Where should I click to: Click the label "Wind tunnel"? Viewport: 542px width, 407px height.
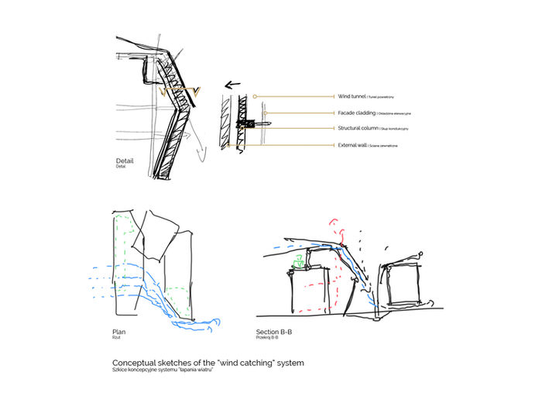[353, 97]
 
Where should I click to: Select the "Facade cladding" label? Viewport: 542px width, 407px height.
[357, 112]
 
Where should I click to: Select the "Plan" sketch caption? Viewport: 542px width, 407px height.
[118, 331]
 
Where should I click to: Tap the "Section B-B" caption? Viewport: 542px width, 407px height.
[273, 331]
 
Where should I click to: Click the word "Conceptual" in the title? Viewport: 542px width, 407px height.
[136, 362]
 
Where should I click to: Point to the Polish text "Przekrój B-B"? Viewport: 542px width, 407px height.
[267, 337]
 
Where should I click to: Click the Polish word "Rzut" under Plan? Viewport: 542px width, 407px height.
[116, 337]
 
